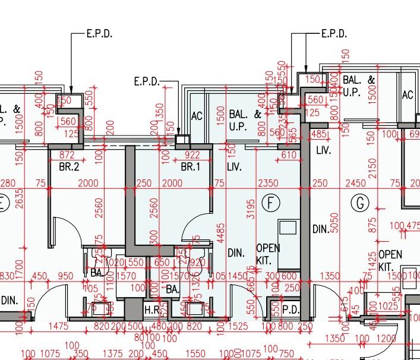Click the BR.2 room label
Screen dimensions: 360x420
[x=69, y=168]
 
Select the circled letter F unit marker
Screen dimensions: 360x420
[x=271, y=203]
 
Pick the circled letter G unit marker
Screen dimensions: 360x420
[x=359, y=203]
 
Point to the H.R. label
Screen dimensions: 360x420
[x=152, y=310]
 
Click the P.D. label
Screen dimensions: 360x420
[x=290, y=310]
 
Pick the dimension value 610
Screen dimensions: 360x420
[x=289, y=156]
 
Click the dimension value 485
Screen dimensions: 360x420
[x=319, y=135]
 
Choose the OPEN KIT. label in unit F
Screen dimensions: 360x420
[x=267, y=254]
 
